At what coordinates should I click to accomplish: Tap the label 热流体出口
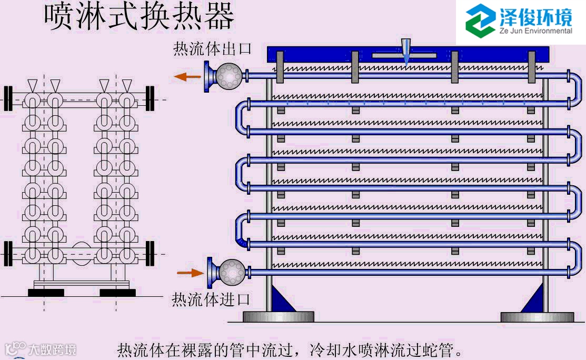[213, 49]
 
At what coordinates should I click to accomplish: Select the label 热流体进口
[211, 299]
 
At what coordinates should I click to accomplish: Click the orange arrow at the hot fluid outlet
[188, 77]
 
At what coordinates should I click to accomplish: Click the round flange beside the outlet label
[230, 76]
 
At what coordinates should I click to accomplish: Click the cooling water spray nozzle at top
[405, 52]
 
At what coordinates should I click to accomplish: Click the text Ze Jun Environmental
[536, 31]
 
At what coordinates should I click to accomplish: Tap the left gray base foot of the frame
[278, 317]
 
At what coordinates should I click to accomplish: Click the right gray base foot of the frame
[537, 317]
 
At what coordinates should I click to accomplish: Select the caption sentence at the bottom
[291, 350]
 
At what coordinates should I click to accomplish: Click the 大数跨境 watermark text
[52, 349]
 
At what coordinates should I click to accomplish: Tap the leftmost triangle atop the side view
[33, 84]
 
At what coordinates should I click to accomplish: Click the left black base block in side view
[46, 293]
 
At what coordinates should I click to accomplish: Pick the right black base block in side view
[117, 293]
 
